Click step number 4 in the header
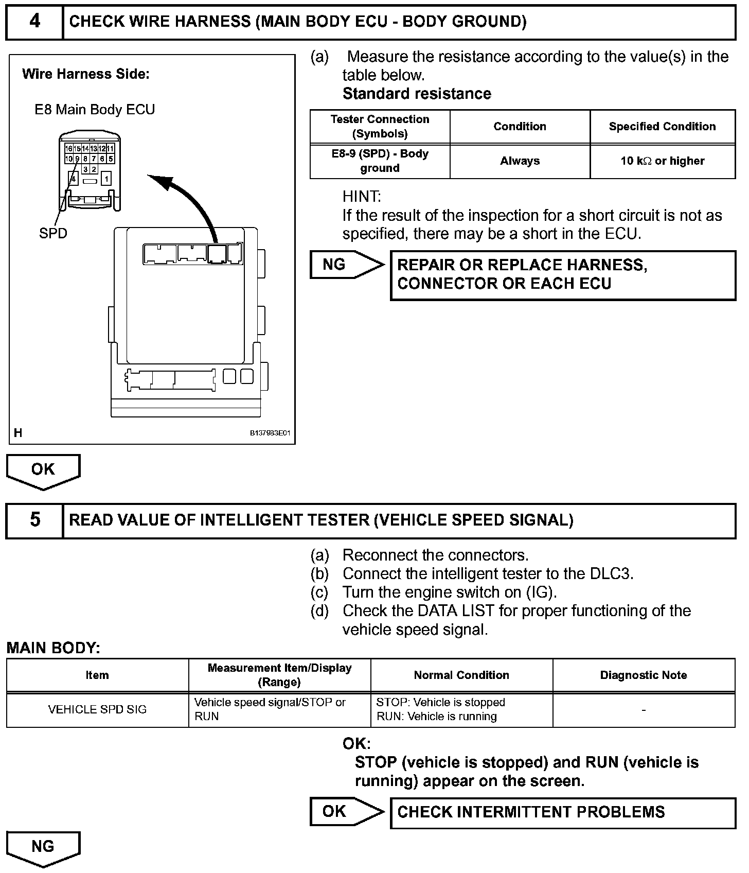(34, 22)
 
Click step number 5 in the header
(34, 520)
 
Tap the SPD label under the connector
(53, 233)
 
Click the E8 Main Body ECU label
(95, 110)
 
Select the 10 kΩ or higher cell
(662, 161)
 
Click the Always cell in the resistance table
(520, 161)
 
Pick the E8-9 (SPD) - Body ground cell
(380, 161)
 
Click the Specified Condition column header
(662, 127)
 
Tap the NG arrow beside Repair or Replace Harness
(346, 265)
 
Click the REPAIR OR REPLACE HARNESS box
(563, 275)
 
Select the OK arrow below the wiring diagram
(43, 470)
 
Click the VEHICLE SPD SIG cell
(97, 709)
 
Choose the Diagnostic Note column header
(644, 675)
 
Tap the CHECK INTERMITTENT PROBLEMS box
(563, 812)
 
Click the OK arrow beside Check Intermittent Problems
(346, 812)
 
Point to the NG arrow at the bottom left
(43, 848)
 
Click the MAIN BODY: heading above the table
(53, 648)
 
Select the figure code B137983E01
(270, 433)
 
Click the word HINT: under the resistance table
(362, 197)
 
